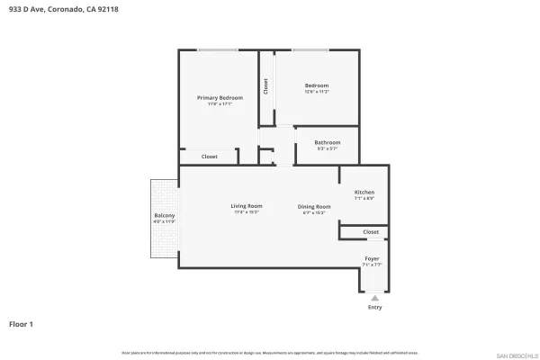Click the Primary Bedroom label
220,97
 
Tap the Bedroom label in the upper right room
317,85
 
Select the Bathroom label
327,142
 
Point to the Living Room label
246,206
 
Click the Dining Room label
314,206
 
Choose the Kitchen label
364,192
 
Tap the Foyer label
372,258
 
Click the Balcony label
164,216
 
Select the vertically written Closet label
265,86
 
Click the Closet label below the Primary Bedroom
209,157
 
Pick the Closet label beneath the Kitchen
371,232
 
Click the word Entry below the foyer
374,308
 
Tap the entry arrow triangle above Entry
374,298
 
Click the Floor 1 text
22,323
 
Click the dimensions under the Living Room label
246,212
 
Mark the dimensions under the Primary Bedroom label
220,103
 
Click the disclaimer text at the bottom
270,353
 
